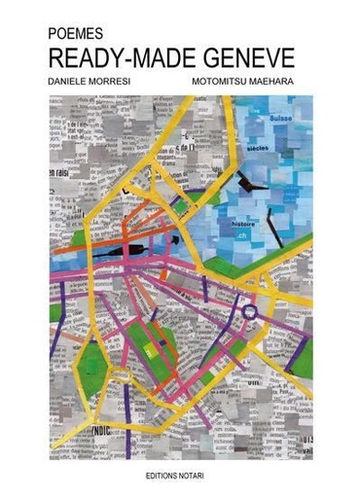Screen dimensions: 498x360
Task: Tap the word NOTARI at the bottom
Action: (201, 475)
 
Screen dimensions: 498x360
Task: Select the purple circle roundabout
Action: (251, 312)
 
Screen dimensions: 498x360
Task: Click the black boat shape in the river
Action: (130, 253)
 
